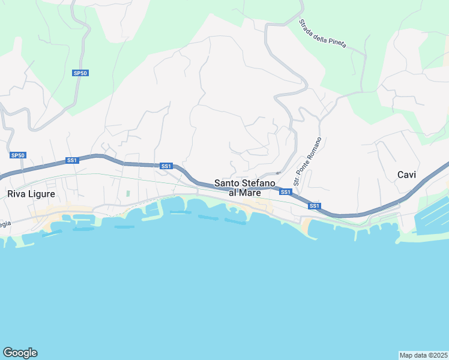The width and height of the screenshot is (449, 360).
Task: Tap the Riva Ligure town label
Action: pos(31,194)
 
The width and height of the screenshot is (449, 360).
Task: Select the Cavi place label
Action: pos(406,175)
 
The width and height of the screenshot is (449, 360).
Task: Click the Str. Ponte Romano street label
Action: pos(307,161)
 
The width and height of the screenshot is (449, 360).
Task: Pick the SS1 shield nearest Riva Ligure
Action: pos(72,160)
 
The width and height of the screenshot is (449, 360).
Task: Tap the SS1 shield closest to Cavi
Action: pos(314,206)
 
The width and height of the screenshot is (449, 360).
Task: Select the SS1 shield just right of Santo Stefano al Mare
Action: pos(286,192)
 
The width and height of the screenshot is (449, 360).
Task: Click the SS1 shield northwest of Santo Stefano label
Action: pos(166,166)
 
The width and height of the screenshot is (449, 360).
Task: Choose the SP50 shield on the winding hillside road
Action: pos(80,73)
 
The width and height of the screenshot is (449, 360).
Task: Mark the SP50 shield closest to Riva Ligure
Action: pos(18,155)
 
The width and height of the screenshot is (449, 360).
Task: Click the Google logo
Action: pos(20,353)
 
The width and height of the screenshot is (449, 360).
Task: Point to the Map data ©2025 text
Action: pos(423,355)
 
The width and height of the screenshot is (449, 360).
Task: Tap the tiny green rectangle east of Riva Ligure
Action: pos(128,193)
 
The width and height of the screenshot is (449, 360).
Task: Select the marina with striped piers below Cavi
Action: pos(432,213)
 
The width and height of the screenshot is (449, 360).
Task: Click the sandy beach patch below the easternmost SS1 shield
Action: pos(306,226)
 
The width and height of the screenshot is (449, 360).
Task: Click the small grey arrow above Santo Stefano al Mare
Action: pos(278,173)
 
